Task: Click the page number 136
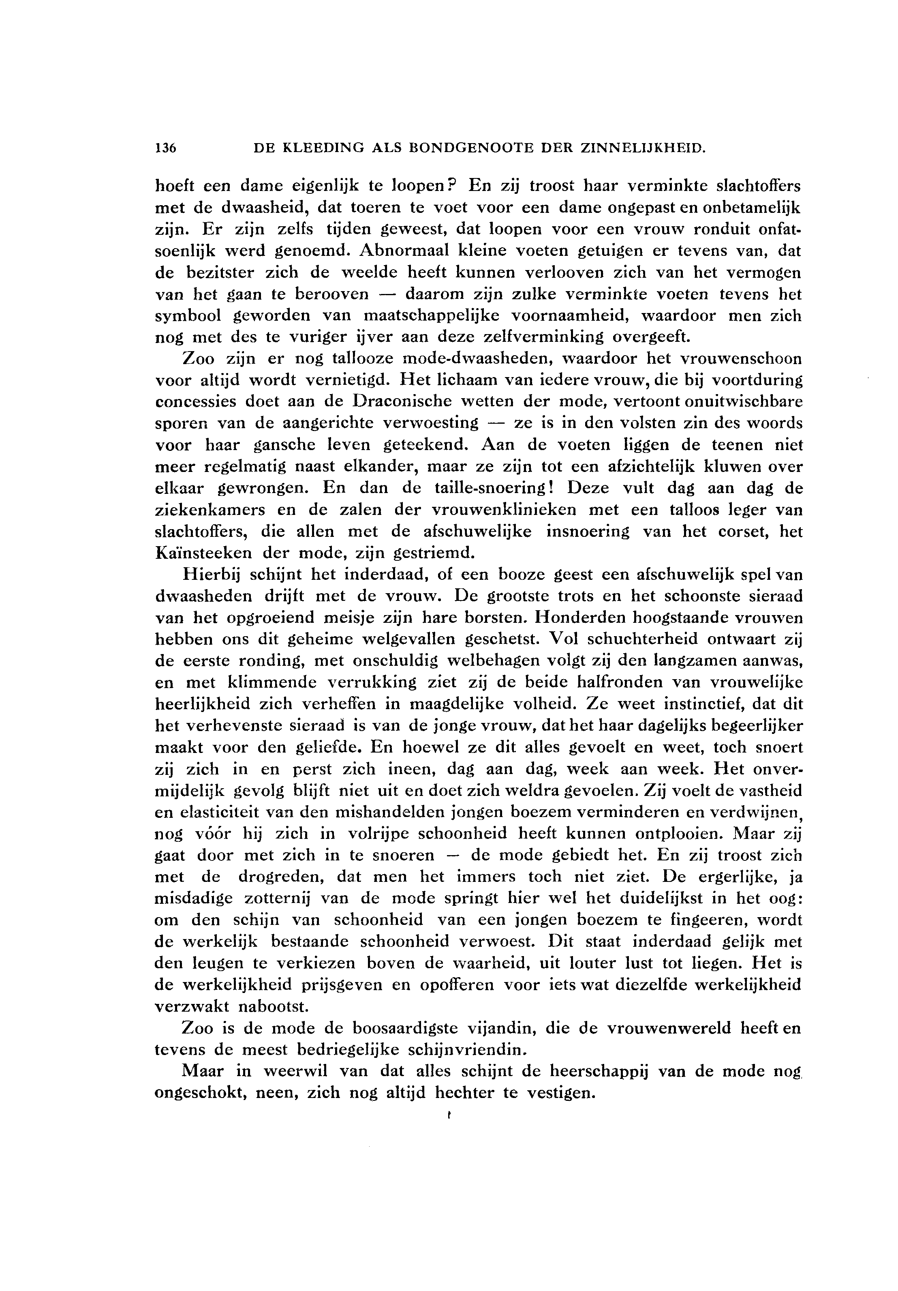166,148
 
